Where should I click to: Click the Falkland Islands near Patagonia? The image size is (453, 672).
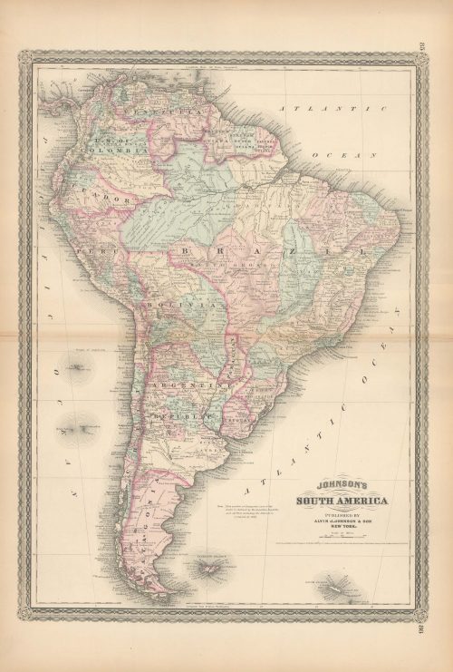pyautogui.click(x=207, y=570)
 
